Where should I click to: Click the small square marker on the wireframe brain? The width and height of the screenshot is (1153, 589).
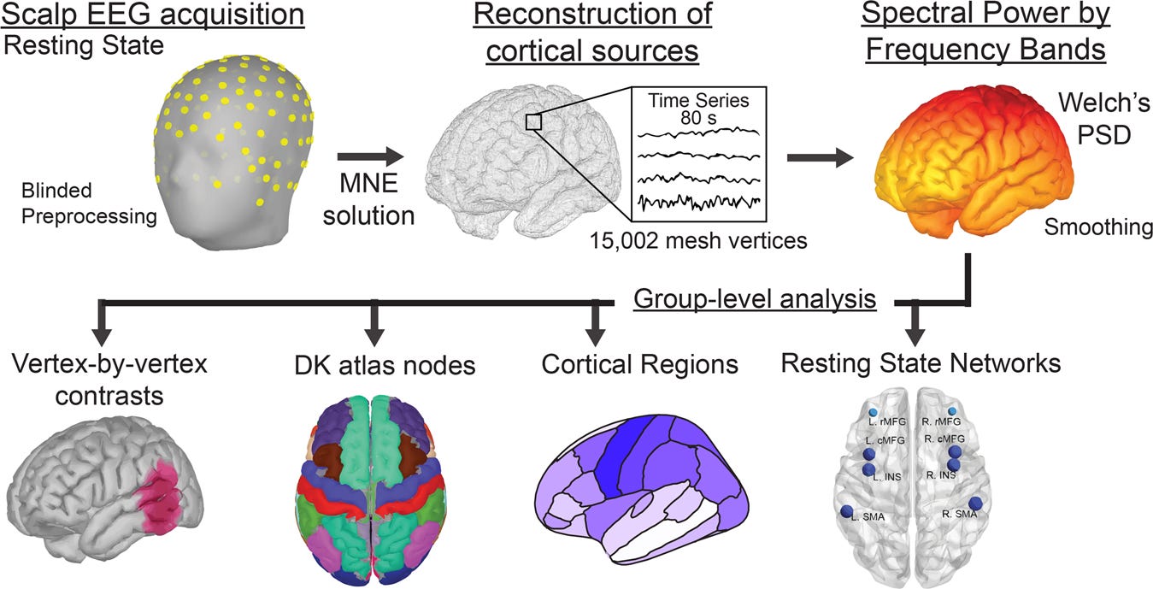tap(534, 122)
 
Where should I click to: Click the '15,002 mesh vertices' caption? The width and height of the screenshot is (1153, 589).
tap(697, 240)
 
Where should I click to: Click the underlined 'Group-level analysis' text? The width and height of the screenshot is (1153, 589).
tap(753, 298)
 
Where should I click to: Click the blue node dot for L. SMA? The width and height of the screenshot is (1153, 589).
tap(847, 512)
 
